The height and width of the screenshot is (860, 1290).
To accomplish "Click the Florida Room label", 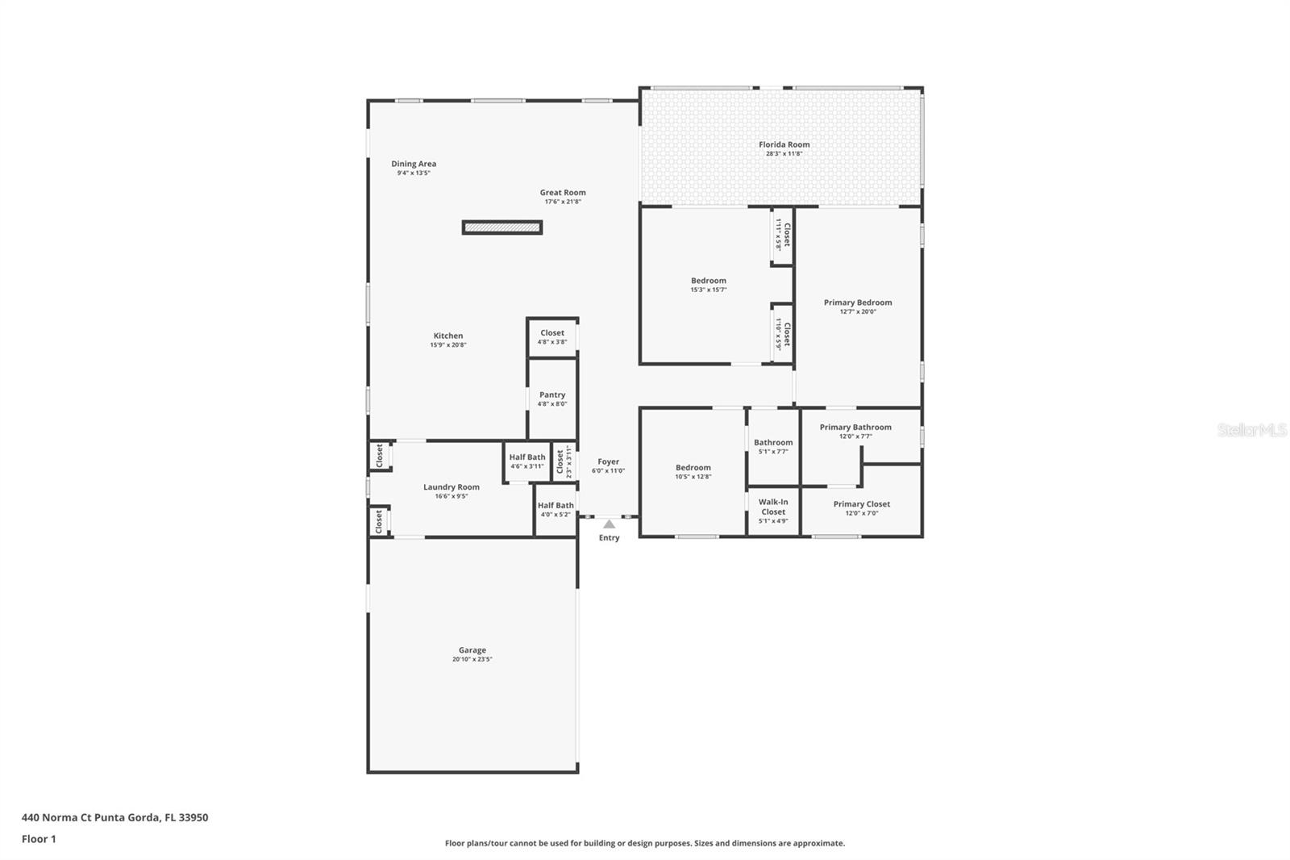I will pyautogui.click(x=784, y=145).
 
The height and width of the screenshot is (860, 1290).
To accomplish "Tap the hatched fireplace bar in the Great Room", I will pyautogui.click(x=501, y=228).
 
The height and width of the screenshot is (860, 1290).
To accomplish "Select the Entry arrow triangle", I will pyautogui.click(x=609, y=524).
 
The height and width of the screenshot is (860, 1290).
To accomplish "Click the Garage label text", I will pyautogui.click(x=472, y=650).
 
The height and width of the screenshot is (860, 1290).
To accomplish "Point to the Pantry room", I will pyautogui.click(x=552, y=399).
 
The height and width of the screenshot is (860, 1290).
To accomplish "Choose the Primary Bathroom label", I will pyautogui.click(x=855, y=428).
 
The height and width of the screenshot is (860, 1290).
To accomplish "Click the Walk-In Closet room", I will pyautogui.click(x=772, y=511).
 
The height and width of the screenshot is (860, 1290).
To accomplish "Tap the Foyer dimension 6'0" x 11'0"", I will pyautogui.click(x=608, y=471).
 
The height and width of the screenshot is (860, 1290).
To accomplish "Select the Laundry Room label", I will pyautogui.click(x=451, y=487).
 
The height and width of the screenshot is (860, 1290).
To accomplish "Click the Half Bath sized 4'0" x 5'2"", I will pyautogui.click(x=556, y=509).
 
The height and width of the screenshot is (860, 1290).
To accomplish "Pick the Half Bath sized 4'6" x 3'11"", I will pyautogui.click(x=527, y=461).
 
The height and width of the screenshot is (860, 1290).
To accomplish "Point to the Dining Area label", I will pyautogui.click(x=414, y=164).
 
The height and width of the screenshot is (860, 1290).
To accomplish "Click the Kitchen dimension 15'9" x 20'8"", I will pyautogui.click(x=448, y=345).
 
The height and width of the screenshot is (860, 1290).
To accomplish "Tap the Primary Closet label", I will pyautogui.click(x=862, y=504).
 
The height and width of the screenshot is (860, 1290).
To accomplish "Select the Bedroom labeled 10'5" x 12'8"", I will pyautogui.click(x=693, y=471).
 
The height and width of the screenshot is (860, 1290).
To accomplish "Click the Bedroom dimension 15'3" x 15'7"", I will pyautogui.click(x=708, y=290).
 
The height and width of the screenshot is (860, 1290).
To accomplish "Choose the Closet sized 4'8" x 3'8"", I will pyautogui.click(x=552, y=336).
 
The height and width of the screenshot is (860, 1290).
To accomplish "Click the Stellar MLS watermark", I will pyautogui.click(x=1251, y=430).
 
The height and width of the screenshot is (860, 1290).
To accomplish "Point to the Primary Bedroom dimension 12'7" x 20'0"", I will pyautogui.click(x=857, y=311).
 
